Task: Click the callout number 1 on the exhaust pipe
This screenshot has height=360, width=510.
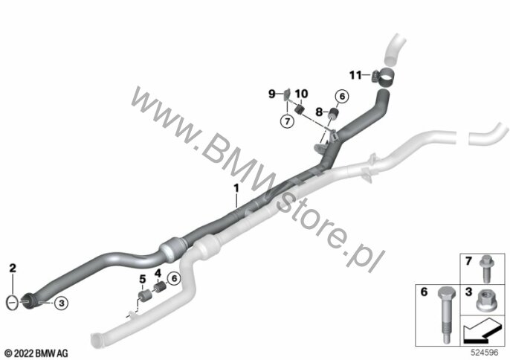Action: tap(236, 188)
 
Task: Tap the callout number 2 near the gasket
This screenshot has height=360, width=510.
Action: tap(13, 269)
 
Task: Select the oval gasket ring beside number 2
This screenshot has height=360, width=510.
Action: tap(13, 303)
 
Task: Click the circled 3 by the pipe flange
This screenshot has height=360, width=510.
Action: tap(61, 303)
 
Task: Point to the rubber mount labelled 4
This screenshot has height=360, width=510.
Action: tap(159, 287)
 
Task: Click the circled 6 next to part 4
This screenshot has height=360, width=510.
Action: tap(174, 279)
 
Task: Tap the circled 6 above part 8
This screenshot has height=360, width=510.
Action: tap(342, 97)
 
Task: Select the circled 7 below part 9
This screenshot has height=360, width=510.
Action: tap(287, 122)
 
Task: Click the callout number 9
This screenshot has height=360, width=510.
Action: tap(271, 94)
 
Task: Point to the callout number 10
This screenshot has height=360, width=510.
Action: tap(301, 94)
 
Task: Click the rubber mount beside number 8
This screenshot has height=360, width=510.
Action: tap(332, 115)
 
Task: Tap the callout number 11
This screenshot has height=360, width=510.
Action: tap(355, 75)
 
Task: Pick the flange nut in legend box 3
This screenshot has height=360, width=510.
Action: tap(486, 300)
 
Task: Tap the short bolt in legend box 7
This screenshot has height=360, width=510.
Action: tap(486, 269)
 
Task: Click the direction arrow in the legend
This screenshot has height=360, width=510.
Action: tap(480, 331)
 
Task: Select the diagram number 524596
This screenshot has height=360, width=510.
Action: tap(485, 353)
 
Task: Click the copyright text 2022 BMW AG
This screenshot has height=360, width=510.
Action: tap(36, 353)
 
